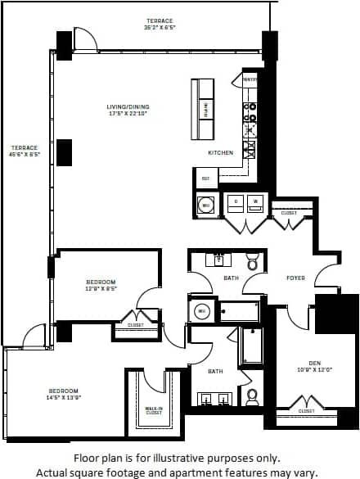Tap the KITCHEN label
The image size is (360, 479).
[220, 152]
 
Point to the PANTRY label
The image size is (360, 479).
[250, 79]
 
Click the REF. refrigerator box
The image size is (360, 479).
[205, 177]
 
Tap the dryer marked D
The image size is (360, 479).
[236, 201]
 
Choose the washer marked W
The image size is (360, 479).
[255, 201]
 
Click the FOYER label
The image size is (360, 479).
[295, 278]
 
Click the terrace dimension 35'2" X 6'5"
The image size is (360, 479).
[160, 28]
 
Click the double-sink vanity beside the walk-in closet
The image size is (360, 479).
[215, 399]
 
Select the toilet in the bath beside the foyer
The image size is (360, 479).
[253, 262]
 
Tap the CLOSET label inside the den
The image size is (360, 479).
[306, 410]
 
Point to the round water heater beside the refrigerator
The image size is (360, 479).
[205, 204]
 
